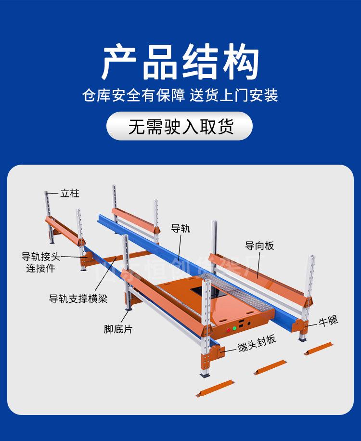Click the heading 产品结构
[180, 63]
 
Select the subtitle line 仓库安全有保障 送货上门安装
[180, 95]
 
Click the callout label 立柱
[70, 194]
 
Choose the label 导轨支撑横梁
[78, 298]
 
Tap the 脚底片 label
[118, 330]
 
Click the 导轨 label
[180, 229]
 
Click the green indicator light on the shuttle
[235, 328]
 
